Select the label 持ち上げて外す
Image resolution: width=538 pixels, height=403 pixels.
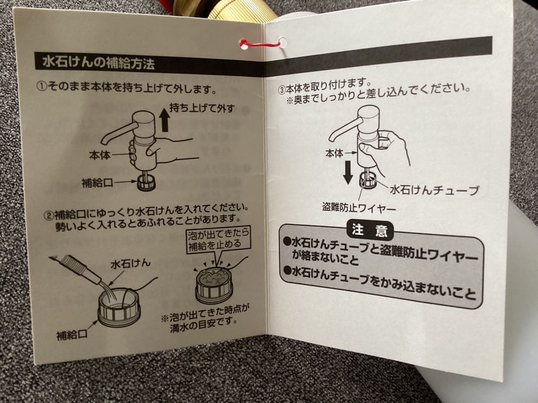point(202,108)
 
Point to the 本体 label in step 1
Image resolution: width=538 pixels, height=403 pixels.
point(99,155)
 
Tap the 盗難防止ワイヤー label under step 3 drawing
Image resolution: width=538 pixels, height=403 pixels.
point(359,207)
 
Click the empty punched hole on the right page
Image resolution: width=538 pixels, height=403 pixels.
point(283,42)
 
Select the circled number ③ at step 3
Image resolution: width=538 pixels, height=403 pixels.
point(281,91)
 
